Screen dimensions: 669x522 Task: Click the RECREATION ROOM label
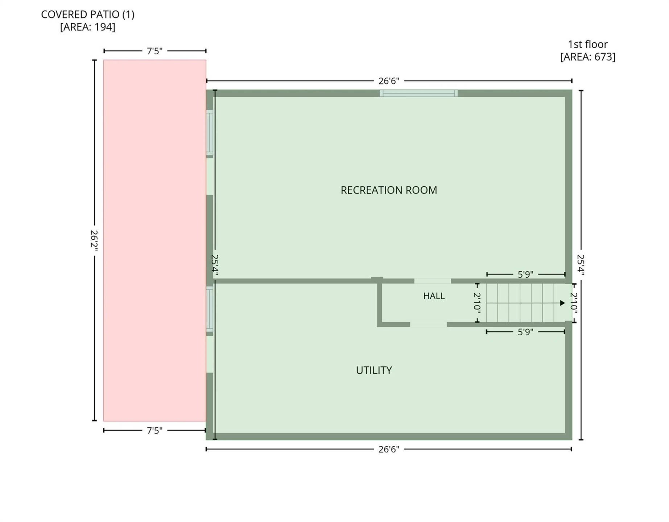tap(389, 190)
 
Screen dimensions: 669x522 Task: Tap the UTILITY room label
tap(374, 370)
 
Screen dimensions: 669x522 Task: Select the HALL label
tap(434, 296)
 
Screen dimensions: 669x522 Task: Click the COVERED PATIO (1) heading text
tap(88, 14)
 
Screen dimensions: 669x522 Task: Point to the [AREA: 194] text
tap(88, 27)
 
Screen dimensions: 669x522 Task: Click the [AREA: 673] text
tap(587, 57)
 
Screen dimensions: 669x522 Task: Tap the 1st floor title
tap(587, 44)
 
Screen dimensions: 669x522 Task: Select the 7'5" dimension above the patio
tap(154, 51)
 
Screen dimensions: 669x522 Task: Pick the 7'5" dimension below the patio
tap(154, 430)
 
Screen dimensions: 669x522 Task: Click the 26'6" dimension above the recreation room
tap(389, 81)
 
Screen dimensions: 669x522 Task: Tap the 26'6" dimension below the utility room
tap(389, 449)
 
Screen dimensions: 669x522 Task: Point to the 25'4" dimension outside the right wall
tap(581, 265)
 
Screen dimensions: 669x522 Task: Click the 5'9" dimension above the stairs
tap(525, 274)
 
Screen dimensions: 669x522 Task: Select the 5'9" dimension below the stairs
tap(525, 332)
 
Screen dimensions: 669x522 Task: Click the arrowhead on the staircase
tap(562, 303)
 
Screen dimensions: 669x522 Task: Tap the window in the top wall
tap(419, 93)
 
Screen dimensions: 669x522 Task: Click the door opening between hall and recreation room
tap(433, 281)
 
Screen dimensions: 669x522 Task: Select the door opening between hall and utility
tap(428, 324)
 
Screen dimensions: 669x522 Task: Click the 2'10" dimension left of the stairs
tap(477, 303)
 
